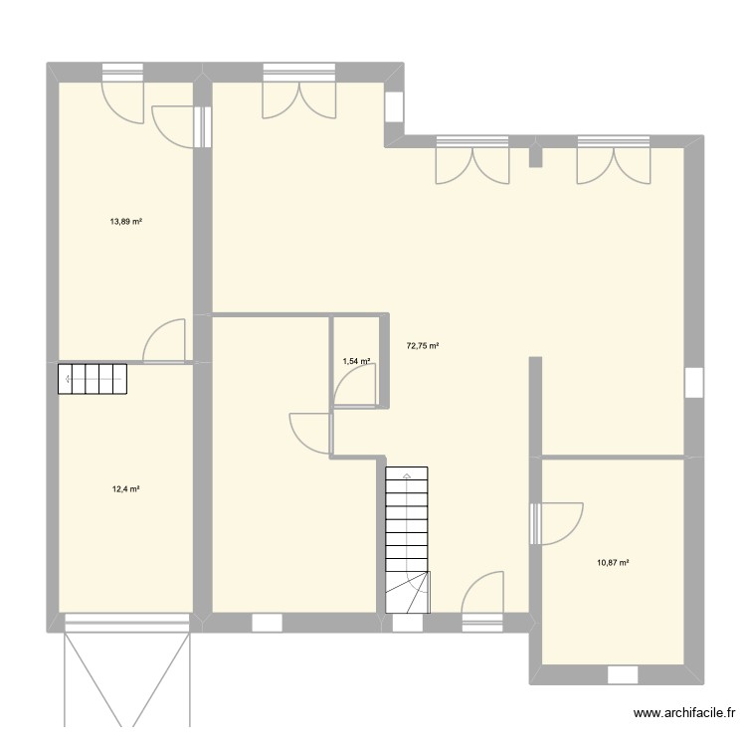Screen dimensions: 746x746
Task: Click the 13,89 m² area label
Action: click(x=125, y=222)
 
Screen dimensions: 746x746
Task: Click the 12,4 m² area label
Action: click(x=125, y=489)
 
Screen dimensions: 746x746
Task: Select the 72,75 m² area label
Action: click(x=423, y=346)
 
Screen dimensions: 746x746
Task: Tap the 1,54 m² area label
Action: click(x=356, y=361)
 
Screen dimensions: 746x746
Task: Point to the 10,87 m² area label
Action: click(x=613, y=563)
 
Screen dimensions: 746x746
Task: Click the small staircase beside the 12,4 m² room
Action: click(x=93, y=379)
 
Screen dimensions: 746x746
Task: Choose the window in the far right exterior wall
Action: click(x=694, y=383)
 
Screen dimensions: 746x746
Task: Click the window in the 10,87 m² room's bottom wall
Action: click(x=623, y=674)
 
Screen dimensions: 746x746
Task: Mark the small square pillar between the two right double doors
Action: click(x=535, y=156)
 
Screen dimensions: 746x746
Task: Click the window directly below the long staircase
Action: click(x=407, y=624)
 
